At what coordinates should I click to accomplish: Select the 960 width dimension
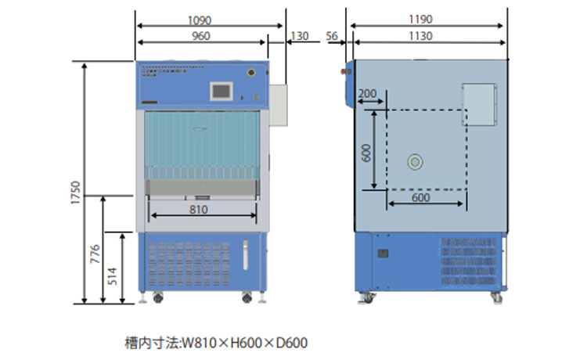[201, 36]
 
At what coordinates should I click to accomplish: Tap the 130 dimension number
[299, 36]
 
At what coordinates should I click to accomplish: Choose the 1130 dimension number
[427, 36]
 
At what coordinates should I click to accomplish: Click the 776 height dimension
[95, 254]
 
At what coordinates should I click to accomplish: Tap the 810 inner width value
[199, 210]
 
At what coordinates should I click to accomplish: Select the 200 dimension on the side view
[367, 94]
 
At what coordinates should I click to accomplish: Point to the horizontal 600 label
[421, 198]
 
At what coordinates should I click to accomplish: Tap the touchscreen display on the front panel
[221, 91]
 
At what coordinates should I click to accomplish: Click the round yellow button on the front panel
[251, 74]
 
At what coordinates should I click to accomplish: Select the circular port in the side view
[414, 162]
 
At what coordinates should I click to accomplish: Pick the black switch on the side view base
[384, 254]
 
